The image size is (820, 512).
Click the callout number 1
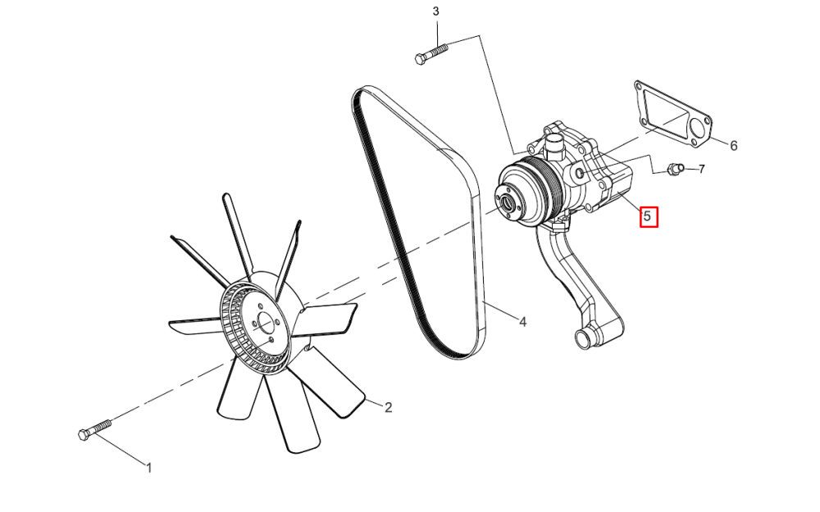(x=149, y=468)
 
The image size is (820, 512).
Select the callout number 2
(x=388, y=407)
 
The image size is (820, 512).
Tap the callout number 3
(x=436, y=11)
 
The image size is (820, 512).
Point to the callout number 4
(x=522, y=322)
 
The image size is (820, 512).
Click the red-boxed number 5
(x=649, y=216)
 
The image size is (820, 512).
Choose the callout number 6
(x=733, y=146)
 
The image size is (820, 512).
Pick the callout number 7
(x=701, y=169)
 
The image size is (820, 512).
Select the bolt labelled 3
(x=431, y=54)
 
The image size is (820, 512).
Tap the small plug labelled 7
(x=675, y=168)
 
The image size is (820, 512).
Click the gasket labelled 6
(x=673, y=116)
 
